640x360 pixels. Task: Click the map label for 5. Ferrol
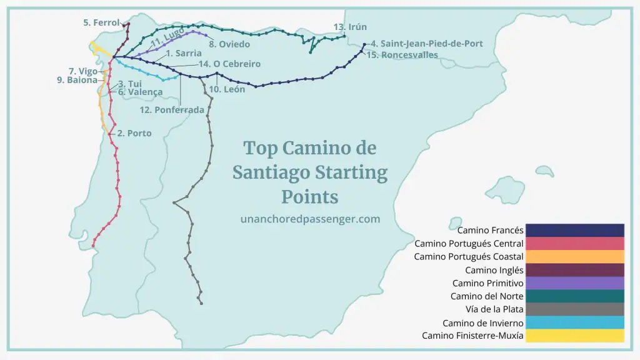[x=101, y=22]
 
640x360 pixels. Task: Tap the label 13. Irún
[x=350, y=27]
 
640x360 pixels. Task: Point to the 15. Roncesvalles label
[x=402, y=55]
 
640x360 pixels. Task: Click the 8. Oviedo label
[x=229, y=44]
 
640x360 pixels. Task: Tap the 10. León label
[x=227, y=89]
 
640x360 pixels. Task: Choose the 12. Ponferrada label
[x=172, y=110]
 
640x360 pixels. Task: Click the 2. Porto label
[x=134, y=133]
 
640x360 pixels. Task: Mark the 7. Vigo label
[x=83, y=71]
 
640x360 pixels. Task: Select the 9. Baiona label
[x=78, y=80]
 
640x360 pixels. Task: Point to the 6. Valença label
[x=141, y=92]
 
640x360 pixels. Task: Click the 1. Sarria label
[x=184, y=54]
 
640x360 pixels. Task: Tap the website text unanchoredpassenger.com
[x=310, y=219]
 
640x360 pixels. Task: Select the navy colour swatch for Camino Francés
[x=574, y=230]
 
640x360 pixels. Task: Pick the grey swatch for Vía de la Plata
[x=574, y=309]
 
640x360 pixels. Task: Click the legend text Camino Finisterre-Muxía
[x=472, y=336]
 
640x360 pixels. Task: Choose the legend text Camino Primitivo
[x=487, y=283]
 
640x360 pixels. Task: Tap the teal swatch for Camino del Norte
[x=574, y=296]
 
